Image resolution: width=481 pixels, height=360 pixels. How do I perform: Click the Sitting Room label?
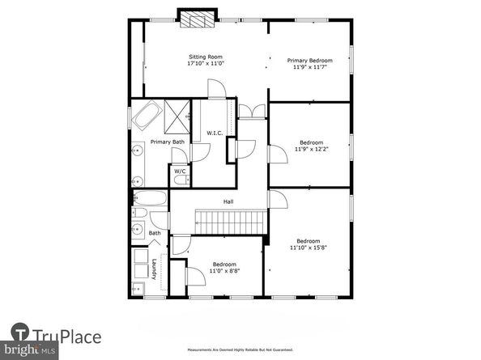pos(205,57)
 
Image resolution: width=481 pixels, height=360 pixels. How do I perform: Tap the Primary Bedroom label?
pos(311,60)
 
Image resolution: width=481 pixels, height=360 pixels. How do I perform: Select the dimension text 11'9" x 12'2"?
pos(311,149)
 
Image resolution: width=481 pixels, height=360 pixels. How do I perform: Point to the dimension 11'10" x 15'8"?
pos(308,248)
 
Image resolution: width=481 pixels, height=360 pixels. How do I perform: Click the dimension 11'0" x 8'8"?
pos(224,271)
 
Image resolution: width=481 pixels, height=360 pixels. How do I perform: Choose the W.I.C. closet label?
pos(215,133)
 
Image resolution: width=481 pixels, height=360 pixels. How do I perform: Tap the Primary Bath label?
pos(166,142)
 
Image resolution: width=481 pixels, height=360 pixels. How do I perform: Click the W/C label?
pos(179,172)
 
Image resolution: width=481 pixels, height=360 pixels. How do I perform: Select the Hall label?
pos(229,202)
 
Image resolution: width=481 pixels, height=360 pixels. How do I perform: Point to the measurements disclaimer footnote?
pos(240,349)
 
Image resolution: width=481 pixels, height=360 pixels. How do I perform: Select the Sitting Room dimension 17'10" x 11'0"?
pos(205,64)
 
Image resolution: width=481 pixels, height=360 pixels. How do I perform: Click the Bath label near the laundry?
pos(154,234)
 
